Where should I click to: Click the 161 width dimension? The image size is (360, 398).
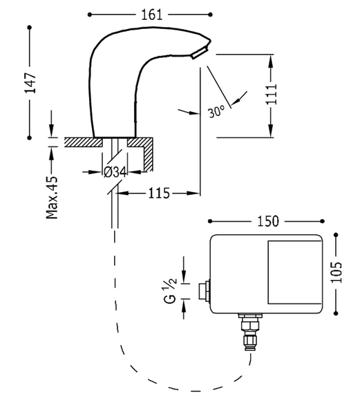pos(151,13)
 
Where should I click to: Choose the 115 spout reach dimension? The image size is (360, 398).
pos(158,194)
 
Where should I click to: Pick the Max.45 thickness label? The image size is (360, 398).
pos(53,197)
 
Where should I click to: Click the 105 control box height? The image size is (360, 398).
pos(335,276)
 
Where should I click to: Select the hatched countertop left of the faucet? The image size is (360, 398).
pos(82,141)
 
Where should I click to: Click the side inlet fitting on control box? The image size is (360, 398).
pos(202,290)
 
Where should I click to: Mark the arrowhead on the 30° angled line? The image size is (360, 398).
pos(234,104)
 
